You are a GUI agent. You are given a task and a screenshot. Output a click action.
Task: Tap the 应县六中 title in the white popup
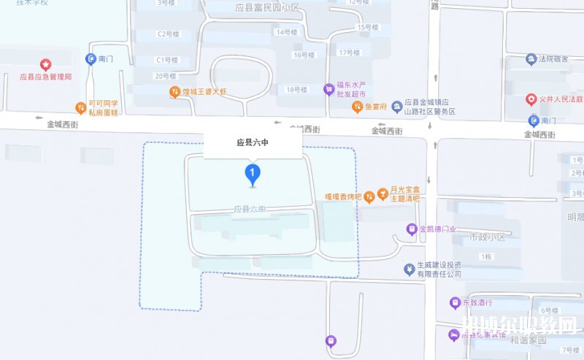[253, 145]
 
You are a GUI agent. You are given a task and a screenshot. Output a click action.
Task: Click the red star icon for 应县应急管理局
[45, 65]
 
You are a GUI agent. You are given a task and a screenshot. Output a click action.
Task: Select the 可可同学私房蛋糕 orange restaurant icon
[80, 108]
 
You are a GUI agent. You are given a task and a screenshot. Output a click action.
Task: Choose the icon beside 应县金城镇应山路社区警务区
[397, 107]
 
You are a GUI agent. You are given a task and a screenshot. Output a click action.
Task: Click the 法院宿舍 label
[554, 58]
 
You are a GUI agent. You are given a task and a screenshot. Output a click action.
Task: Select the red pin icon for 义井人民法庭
[531, 98]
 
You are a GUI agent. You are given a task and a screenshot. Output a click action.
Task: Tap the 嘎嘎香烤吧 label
[343, 196]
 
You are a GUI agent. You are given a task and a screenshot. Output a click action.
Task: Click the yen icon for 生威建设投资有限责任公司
[409, 269]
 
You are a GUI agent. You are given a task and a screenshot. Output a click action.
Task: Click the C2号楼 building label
[168, 34]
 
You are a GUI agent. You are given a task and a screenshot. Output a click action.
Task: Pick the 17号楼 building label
[350, 53]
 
